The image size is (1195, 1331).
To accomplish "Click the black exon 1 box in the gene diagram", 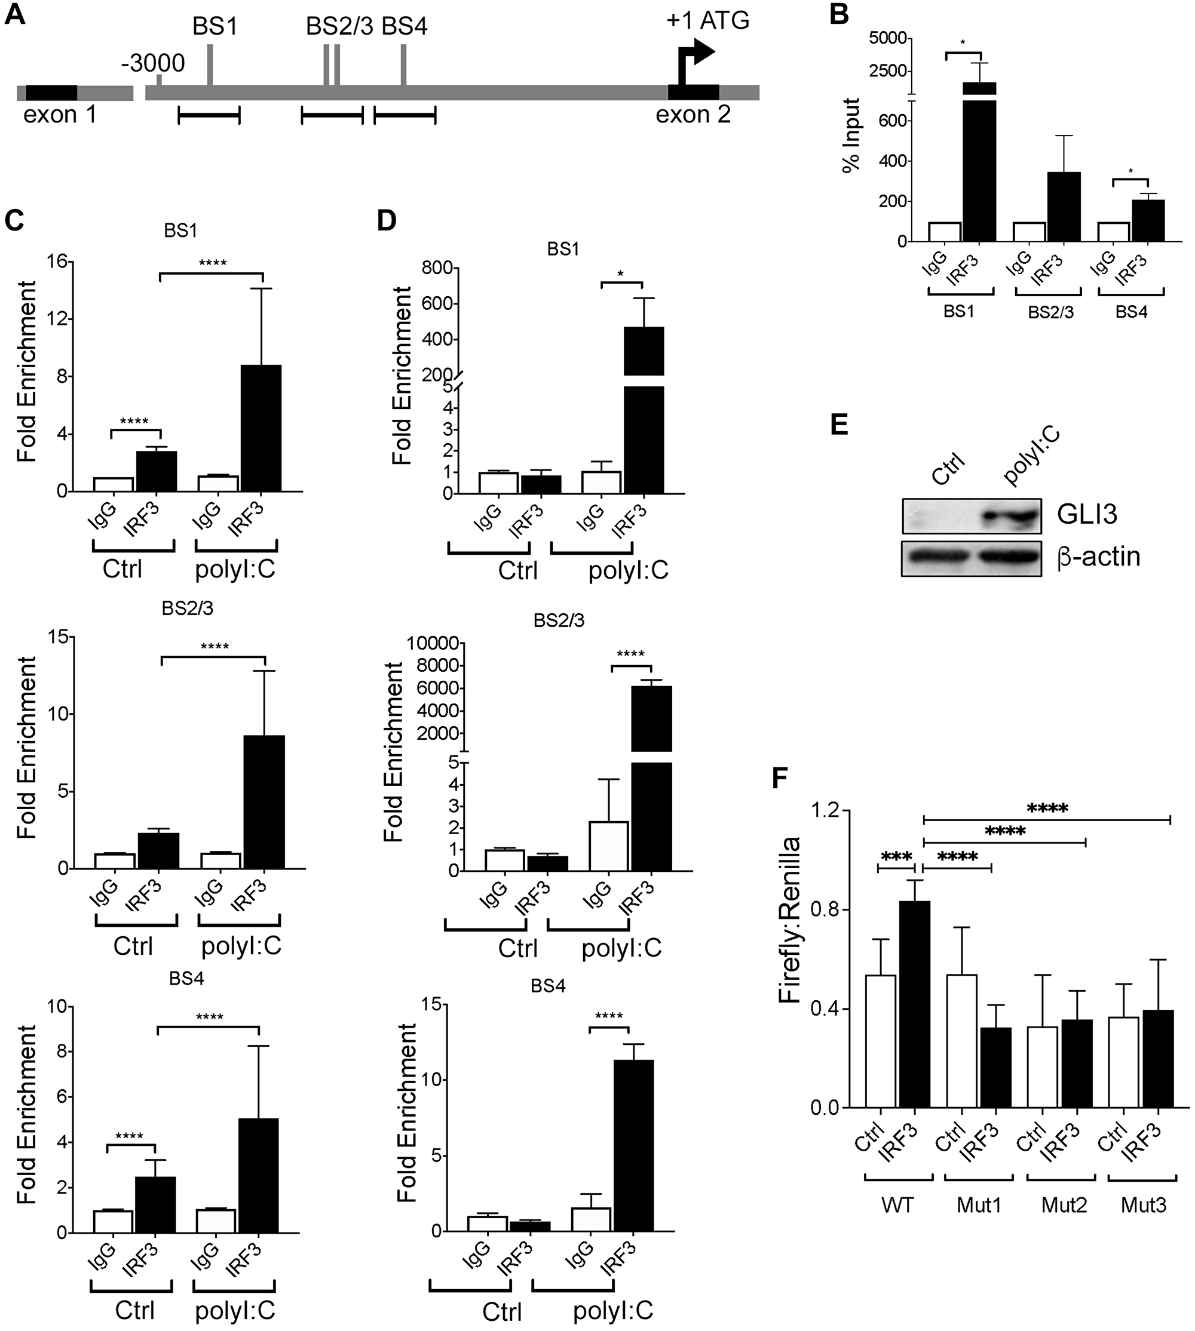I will coord(51,93).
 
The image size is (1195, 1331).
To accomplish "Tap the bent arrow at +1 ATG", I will coord(694,62).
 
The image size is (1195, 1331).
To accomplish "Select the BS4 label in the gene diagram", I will coord(405,27).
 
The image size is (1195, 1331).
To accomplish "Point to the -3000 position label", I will coord(153,64).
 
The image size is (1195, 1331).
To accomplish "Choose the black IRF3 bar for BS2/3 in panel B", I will coord(1064,207).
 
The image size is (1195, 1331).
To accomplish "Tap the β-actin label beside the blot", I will coord(1098,557).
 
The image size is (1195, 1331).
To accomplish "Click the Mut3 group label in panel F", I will coord(1143,1205).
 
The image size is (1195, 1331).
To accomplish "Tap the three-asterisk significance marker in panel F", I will coord(896,857).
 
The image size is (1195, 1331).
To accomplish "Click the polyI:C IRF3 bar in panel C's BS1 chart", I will coord(262,428).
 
